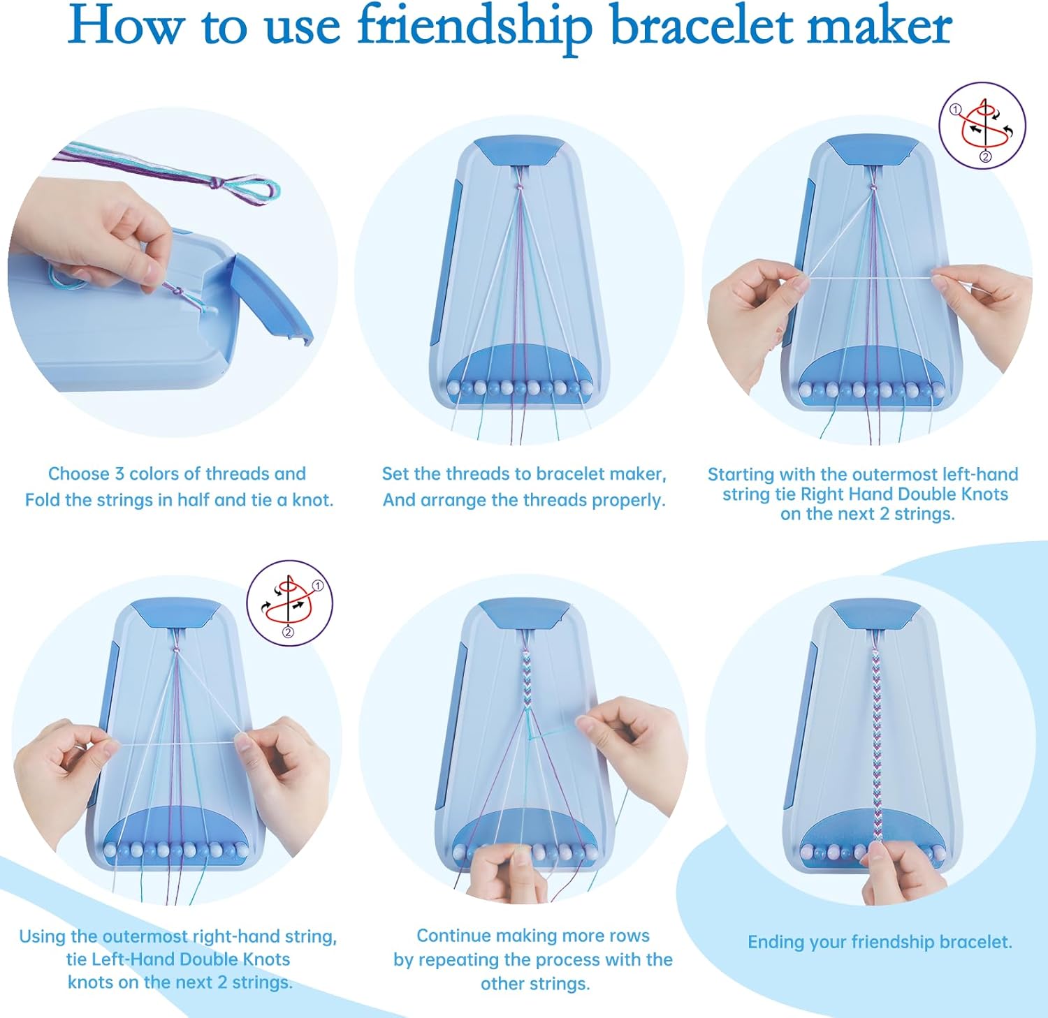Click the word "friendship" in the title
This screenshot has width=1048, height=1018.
pyautogui.click(x=475, y=27)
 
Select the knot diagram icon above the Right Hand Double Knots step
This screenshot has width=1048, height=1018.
pyautogui.click(x=982, y=126)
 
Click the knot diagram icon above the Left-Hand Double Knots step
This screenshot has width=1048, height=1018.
pyautogui.click(x=289, y=602)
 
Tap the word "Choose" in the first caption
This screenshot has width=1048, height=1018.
pyautogui.click(x=78, y=474)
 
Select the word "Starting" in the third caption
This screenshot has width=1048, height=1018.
pyautogui.click(x=741, y=475)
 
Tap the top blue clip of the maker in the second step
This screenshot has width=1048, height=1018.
pyautogui.click(x=518, y=151)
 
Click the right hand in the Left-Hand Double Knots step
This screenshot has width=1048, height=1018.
pyautogui.click(x=286, y=775)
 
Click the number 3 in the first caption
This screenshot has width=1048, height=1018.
pyautogui.click(x=119, y=474)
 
